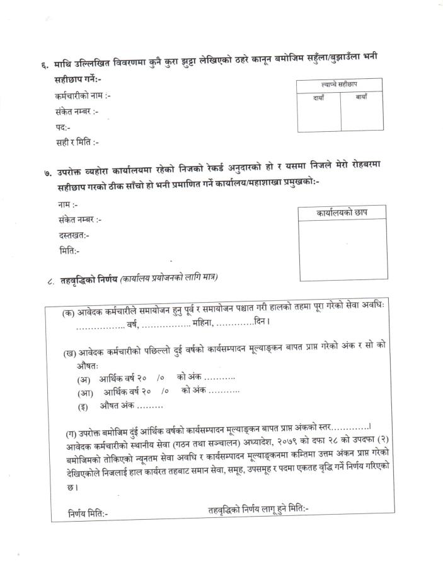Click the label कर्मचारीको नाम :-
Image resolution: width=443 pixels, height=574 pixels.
[83, 97]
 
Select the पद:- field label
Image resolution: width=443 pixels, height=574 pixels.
[62, 127]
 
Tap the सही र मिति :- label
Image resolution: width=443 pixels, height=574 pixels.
[77, 143]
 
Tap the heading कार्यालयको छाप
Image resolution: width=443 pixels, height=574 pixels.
[342, 213]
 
